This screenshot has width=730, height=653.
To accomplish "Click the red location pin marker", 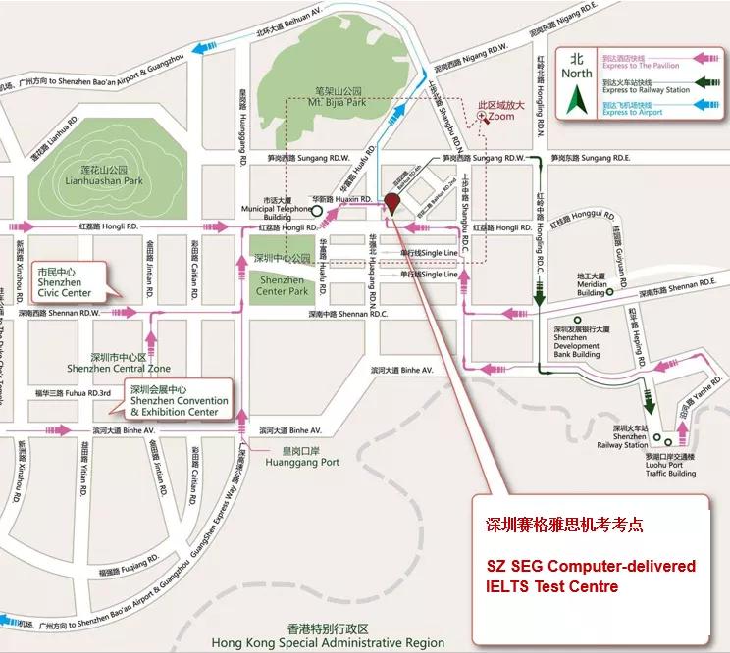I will [x=391, y=204].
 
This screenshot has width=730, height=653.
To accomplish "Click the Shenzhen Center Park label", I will [x=282, y=285].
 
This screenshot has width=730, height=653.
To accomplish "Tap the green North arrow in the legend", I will [x=578, y=99].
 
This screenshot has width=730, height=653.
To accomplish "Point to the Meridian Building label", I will [x=591, y=288].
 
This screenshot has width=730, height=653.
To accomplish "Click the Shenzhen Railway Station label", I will [x=629, y=437].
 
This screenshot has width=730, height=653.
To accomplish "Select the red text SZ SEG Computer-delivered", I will [x=592, y=567].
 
